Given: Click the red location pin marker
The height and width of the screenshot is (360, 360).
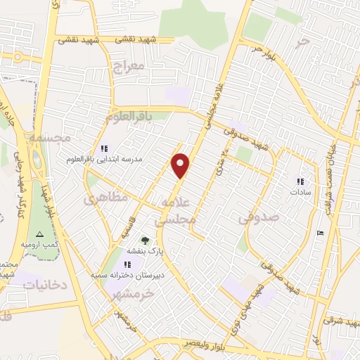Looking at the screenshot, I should tap(181, 166).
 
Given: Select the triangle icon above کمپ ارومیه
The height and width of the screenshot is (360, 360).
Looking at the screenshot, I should tap(40, 234).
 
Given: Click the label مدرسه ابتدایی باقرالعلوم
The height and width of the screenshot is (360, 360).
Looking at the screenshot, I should tap(112, 160).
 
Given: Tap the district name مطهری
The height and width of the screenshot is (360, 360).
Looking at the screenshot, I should tap(107, 198).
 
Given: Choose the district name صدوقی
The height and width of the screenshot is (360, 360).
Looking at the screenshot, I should tap(259, 218).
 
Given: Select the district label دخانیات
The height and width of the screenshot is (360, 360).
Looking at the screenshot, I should tap(45, 285).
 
